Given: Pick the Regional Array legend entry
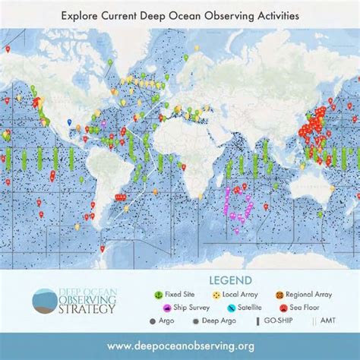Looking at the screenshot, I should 303,294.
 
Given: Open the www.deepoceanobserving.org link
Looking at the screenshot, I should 179,346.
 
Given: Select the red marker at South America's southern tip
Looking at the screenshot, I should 102,248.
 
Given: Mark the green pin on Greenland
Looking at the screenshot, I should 110,62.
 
